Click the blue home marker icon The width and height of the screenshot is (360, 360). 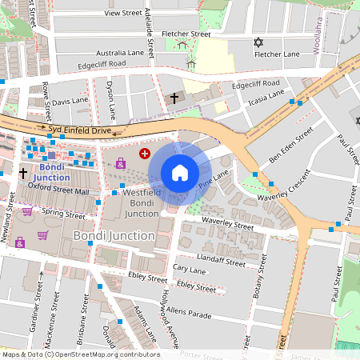pos(180,173)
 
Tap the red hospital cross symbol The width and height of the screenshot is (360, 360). pos(145,153)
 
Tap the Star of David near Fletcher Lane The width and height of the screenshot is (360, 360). pos(258,42)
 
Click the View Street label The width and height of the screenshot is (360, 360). pos(122,14)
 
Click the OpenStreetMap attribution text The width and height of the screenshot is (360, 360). pos(81,354)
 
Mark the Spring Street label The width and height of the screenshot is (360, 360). pos(63,214)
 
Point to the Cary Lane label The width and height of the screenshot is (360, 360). pos(190,270)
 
